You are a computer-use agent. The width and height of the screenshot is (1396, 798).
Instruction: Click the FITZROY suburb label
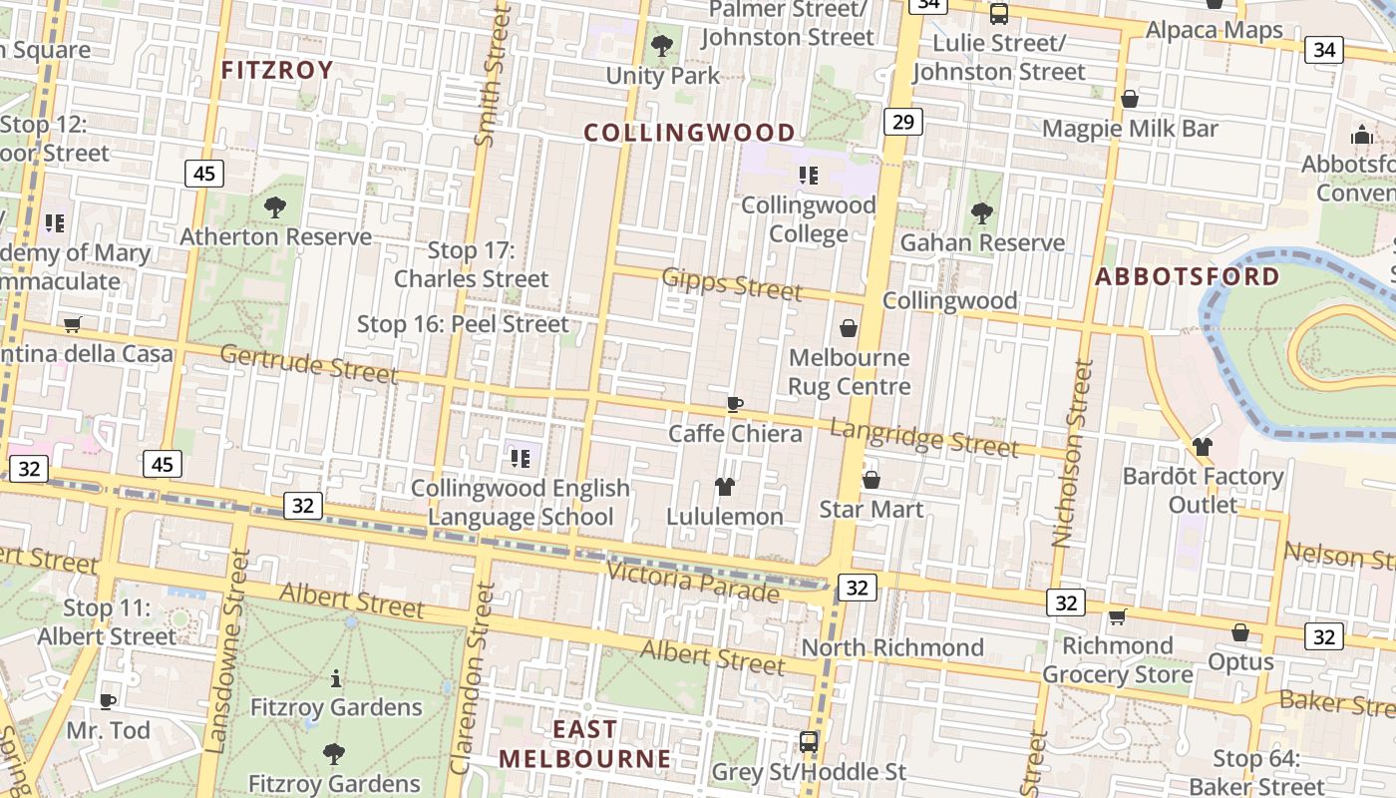coord(276,70)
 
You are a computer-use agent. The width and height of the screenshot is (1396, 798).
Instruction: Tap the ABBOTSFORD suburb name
coord(1188,277)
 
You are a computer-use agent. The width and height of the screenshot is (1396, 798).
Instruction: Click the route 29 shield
coord(902,122)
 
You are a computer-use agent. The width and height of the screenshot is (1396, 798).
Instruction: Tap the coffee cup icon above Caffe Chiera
coord(735,404)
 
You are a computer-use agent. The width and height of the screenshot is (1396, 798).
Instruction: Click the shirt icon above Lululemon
coord(725,487)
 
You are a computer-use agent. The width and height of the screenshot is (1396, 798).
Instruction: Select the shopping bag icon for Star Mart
coord(871,480)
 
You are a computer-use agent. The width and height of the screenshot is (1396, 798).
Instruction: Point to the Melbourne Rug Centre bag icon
coord(849,328)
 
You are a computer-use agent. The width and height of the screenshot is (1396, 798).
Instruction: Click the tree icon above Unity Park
coord(661,45)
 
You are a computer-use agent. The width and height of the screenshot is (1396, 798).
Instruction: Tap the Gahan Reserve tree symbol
coord(982,212)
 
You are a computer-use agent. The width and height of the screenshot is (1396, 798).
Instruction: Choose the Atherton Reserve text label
coord(275,236)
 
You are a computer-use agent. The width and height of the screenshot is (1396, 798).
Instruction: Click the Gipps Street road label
coord(732,284)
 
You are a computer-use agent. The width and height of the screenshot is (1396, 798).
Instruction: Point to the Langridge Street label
coord(924,438)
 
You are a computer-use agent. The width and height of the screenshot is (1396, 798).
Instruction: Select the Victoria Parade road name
coord(693,583)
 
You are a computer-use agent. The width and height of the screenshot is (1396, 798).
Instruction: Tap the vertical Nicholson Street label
coord(1068,454)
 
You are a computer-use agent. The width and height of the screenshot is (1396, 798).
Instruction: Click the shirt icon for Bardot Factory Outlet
coord(1203,446)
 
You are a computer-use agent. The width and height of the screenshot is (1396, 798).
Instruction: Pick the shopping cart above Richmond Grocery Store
coord(1118,616)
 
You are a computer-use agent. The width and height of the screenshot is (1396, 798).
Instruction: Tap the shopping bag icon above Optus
coord(1240,632)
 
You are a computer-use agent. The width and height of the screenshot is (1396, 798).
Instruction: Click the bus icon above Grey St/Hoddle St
coord(809,742)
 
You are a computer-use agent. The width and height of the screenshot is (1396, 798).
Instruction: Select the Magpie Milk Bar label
coord(1130,129)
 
